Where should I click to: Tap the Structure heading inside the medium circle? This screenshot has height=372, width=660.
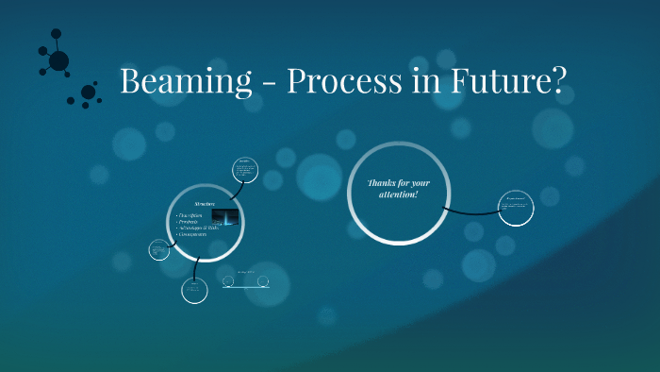click(x=205, y=204)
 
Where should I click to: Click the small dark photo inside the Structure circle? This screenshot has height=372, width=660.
click(x=224, y=218)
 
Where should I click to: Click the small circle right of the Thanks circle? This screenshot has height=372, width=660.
click(x=517, y=208)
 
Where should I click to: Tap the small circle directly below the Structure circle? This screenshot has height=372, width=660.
click(x=194, y=289)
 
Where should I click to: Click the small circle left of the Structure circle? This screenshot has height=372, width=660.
click(x=158, y=250)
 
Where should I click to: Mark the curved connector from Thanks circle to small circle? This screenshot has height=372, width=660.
click(x=471, y=211)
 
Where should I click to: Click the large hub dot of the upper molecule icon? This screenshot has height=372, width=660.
click(x=58, y=61)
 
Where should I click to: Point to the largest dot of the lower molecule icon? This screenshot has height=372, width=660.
click(x=88, y=93)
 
